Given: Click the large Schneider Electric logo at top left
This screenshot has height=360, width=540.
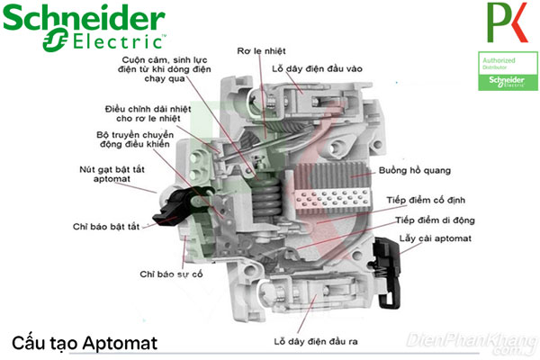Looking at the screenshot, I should (x=84, y=28).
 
